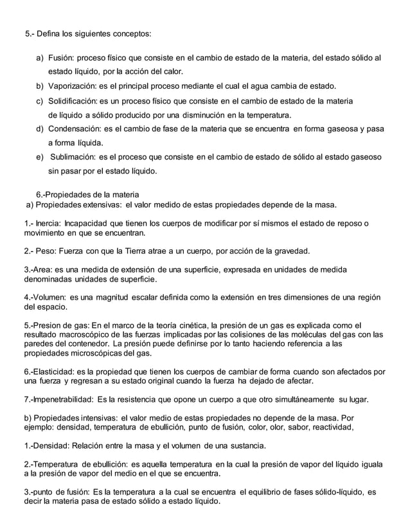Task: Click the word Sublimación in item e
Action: point(76,157)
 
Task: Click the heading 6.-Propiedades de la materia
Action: point(87,194)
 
